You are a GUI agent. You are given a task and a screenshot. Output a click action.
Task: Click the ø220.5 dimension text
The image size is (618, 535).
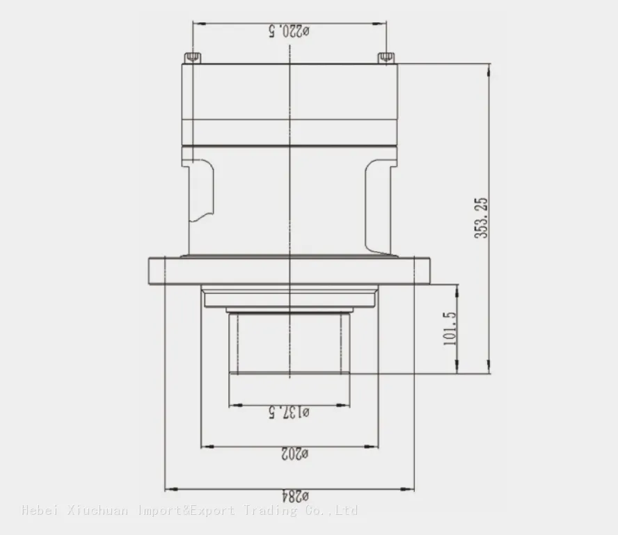[290, 31]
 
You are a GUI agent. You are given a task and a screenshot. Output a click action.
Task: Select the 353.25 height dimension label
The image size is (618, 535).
[481, 218]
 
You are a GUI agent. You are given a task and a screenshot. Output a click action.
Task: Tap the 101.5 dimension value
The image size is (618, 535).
[450, 328]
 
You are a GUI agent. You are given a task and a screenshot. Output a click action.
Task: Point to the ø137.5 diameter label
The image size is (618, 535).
[290, 413]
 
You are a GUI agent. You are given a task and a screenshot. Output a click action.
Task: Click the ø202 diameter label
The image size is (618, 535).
[295, 454]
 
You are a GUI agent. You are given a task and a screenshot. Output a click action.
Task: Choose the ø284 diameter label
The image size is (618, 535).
[295, 496]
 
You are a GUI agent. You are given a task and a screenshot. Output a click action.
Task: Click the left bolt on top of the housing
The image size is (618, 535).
[192, 58]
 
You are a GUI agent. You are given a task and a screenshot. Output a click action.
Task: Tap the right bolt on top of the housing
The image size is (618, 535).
[386, 58]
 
